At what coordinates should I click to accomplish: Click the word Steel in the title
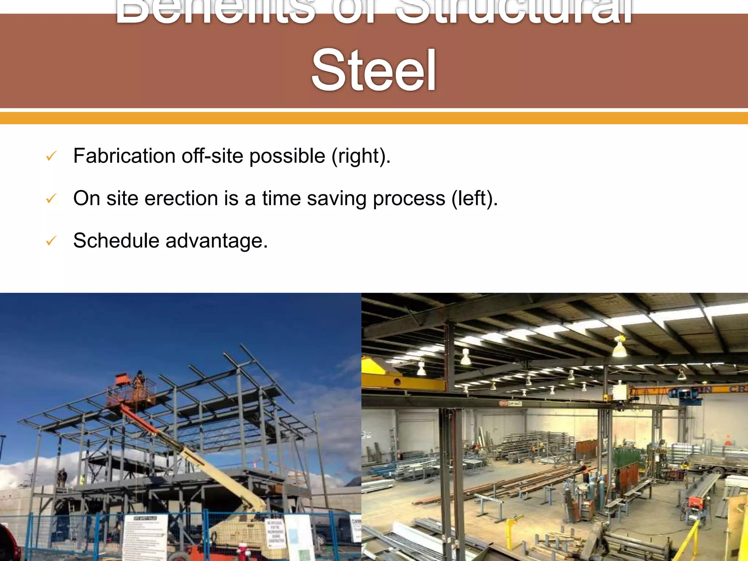coord(373,70)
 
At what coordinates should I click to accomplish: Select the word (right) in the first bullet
coord(361,156)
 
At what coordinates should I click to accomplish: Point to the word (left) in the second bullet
coord(474,198)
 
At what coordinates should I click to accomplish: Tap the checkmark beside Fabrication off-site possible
coord(51,157)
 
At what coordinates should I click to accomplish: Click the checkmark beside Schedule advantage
coord(51,241)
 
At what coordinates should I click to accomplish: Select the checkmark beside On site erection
coord(51,199)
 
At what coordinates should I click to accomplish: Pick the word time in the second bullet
coord(281,198)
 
